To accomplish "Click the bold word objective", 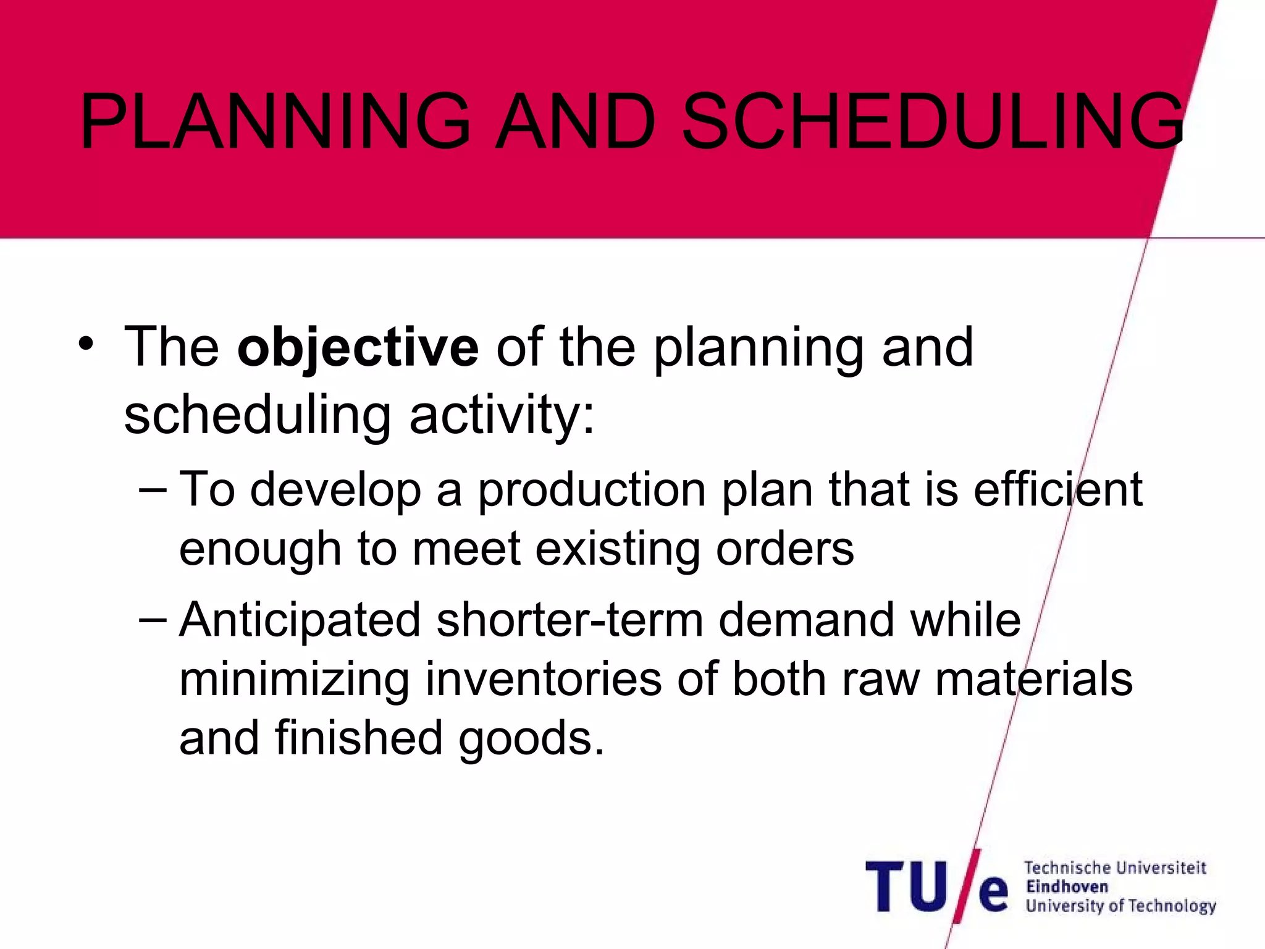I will [x=358, y=348].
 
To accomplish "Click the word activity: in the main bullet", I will [x=502, y=415].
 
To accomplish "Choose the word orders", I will [x=784, y=549].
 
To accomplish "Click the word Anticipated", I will [x=300, y=621].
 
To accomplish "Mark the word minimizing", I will [x=294, y=680].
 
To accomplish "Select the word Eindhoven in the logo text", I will [x=1067, y=887].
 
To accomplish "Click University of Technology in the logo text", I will [x=1120, y=906].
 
